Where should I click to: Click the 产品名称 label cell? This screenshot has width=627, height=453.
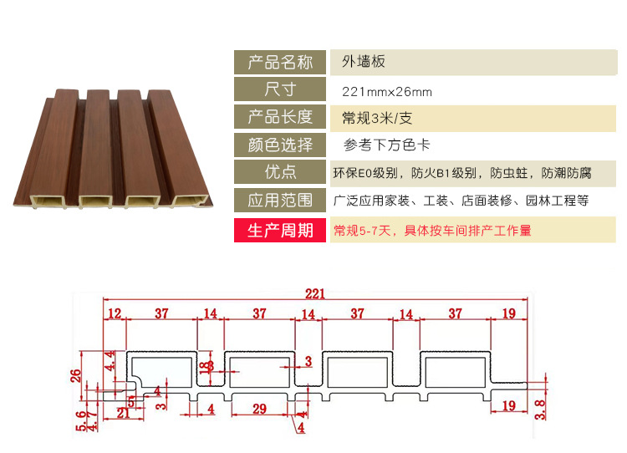280,63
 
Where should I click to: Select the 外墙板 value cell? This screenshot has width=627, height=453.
364,62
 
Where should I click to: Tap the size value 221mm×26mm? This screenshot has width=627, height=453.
387,91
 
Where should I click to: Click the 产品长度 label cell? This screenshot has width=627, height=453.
280,117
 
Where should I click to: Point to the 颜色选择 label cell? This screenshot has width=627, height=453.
280,145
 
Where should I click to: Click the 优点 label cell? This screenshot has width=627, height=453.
280,173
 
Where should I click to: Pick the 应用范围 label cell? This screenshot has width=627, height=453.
280,201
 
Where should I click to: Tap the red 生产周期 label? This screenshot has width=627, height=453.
280,230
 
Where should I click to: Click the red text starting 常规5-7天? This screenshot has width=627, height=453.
432,230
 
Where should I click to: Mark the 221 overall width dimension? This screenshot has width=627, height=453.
314,293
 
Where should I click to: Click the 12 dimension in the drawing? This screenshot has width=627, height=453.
115,313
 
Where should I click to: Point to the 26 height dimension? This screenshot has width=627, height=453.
76,374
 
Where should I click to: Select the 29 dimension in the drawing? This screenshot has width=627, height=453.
258,409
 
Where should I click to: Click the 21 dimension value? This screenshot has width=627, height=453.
124,413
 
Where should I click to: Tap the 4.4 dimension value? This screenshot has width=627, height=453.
110,364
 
